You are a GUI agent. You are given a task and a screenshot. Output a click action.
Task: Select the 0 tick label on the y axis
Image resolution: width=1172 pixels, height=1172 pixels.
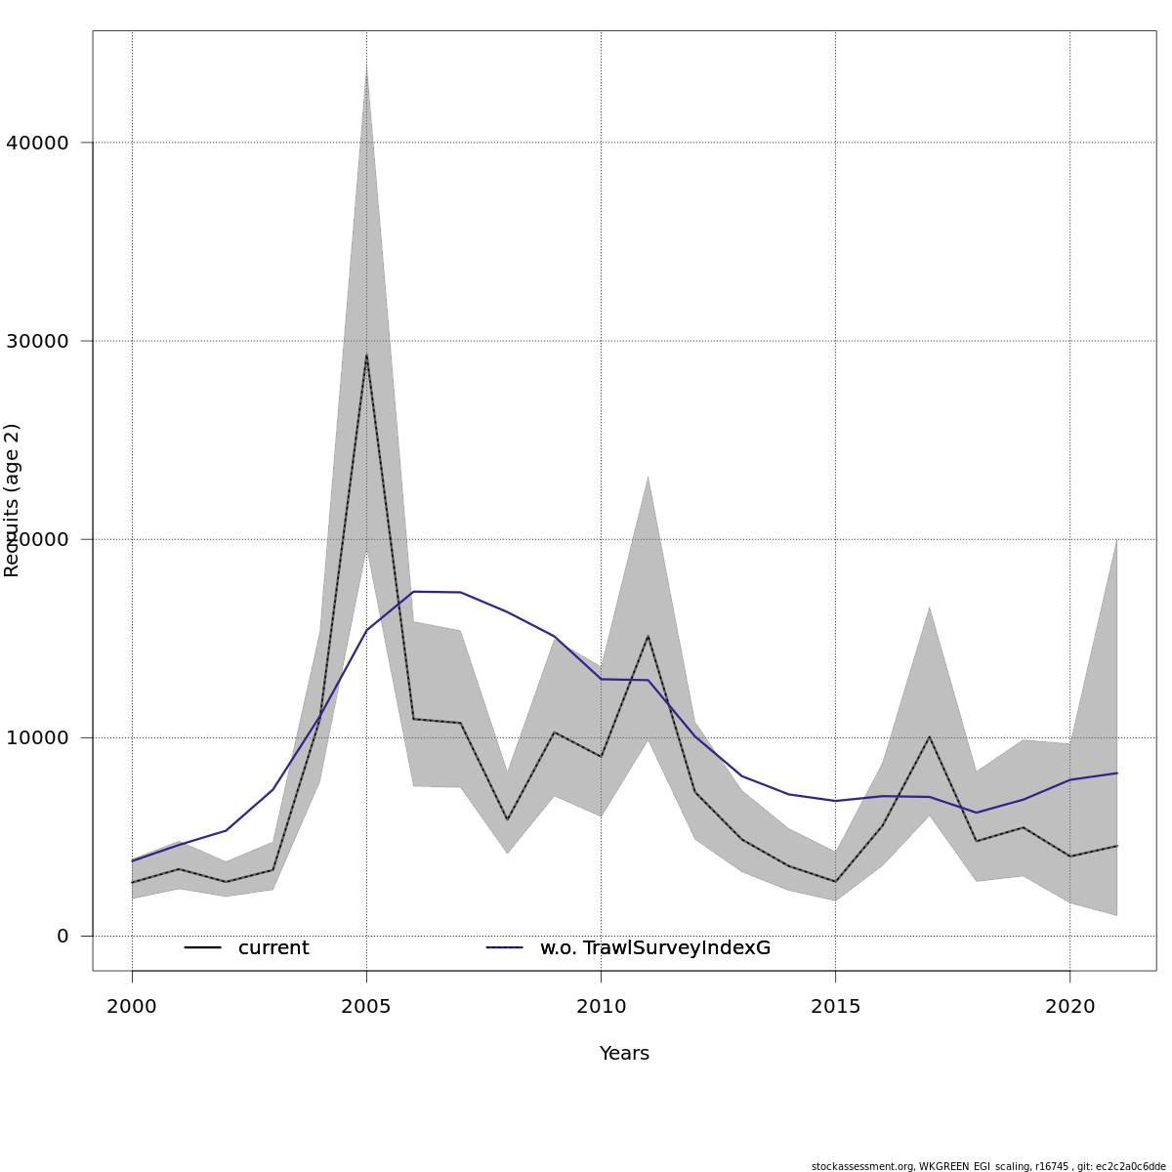[63, 936]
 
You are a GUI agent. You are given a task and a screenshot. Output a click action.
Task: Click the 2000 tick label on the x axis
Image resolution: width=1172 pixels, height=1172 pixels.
[132, 1007]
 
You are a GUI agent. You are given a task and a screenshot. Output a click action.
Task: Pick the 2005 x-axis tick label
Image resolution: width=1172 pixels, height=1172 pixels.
[366, 1007]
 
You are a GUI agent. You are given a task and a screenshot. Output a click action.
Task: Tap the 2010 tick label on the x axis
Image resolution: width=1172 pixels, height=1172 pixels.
[601, 1007]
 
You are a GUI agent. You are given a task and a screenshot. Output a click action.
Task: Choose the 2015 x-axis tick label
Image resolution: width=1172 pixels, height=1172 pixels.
[835, 1007]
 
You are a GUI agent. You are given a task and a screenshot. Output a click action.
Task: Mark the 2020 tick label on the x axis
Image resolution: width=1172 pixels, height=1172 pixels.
[1069, 1007]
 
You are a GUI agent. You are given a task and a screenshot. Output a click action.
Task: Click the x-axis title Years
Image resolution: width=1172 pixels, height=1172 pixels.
[624, 1054]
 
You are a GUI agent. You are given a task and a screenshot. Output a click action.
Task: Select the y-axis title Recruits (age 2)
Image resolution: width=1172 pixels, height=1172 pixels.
[13, 500]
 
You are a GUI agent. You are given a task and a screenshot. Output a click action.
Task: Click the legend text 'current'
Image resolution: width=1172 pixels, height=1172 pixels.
[273, 948]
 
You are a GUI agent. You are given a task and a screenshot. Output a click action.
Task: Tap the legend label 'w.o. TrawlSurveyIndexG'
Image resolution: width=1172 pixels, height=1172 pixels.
[655, 948]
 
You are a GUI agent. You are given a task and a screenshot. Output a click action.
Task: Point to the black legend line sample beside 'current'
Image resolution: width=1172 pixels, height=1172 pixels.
[203, 948]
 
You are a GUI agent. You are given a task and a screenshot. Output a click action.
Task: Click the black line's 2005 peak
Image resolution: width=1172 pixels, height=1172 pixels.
[366, 355]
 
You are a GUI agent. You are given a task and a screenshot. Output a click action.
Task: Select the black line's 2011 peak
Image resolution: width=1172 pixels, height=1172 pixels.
[648, 636]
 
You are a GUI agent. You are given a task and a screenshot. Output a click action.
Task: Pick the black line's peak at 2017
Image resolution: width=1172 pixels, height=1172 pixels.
[929, 736]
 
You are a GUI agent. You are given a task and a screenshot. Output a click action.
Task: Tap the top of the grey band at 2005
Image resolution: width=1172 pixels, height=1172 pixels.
[366, 68]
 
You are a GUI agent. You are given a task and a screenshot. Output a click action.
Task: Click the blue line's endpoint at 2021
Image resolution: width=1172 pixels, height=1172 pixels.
[1116, 773]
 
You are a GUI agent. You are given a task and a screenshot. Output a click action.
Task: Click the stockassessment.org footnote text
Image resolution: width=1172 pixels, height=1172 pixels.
[988, 1166]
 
